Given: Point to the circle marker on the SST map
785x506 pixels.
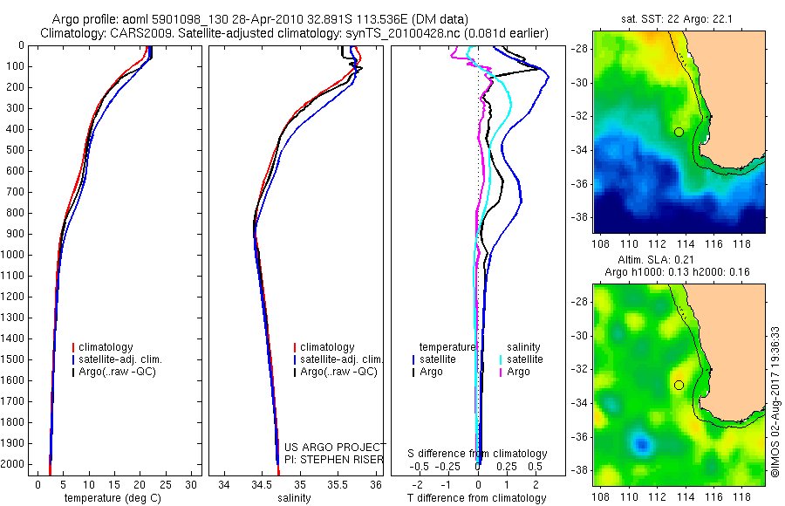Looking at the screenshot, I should coord(679,132).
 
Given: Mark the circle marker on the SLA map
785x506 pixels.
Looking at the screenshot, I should coord(679,385).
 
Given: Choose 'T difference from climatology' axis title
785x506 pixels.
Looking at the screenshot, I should coord(478,498).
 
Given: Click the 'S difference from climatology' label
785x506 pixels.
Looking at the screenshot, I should coord(478,454).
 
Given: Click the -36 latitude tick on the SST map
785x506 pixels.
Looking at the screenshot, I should coord(580,183).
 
